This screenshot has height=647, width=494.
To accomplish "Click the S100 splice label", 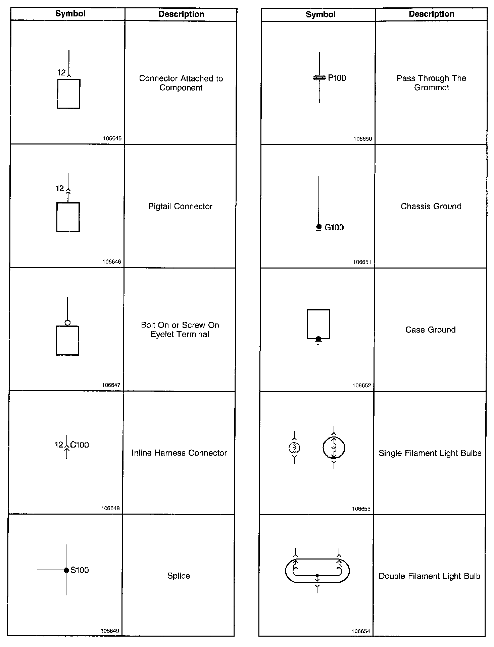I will (x=80, y=570).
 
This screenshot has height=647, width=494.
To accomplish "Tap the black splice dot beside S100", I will (x=66, y=570).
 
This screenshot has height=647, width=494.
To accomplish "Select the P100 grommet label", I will (x=337, y=78).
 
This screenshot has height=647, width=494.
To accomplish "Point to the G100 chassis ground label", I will (x=334, y=228).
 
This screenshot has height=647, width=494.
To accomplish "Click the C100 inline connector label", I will (x=80, y=445).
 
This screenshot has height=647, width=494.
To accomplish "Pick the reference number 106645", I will (x=112, y=138).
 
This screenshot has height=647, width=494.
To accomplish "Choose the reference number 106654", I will (x=361, y=632).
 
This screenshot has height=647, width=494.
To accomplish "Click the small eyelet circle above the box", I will (x=67, y=323).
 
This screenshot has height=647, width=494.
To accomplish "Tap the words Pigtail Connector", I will (x=181, y=207).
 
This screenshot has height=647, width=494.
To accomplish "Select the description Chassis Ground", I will (x=431, y=207).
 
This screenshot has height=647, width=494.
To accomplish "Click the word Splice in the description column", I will (x=179, y=576).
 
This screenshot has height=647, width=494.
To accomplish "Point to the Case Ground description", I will (x=431, y=330).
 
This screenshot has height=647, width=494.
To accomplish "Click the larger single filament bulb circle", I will (x=334, y=448).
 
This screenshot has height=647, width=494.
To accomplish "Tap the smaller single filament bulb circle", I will (x=294, y=448).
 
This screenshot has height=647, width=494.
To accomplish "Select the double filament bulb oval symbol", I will (x=317, y=571).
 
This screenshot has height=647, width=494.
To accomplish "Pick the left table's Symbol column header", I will (x=70, y=14).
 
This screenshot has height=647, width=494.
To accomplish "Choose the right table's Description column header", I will (x=432, y=14).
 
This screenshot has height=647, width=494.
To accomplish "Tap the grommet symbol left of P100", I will (x=319, y=78).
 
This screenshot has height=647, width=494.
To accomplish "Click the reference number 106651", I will (x=362, y=262).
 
